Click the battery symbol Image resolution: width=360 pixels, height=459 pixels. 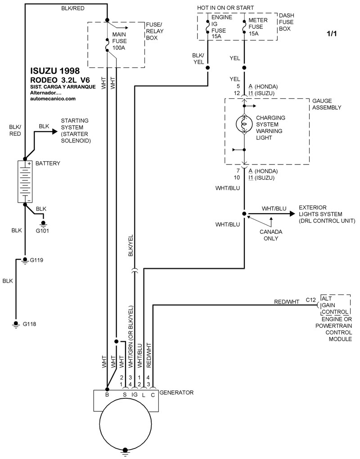[25, 181]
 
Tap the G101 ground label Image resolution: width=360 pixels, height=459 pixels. [43, 232]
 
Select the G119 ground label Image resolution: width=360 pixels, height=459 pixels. [36, 260]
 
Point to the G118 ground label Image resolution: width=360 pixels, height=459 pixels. [29, 324]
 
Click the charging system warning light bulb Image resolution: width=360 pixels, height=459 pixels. [244, 124]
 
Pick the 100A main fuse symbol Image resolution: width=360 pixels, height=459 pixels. [107, 45]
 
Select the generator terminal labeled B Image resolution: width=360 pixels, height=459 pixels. [107, 394]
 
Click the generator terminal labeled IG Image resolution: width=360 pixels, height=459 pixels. [134, 394]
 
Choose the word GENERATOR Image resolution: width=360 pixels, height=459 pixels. [176, 392]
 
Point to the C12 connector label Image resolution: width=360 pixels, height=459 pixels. [310, 299]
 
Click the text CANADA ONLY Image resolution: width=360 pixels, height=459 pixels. [271, 235]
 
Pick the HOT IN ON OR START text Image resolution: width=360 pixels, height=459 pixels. [225, 8]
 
